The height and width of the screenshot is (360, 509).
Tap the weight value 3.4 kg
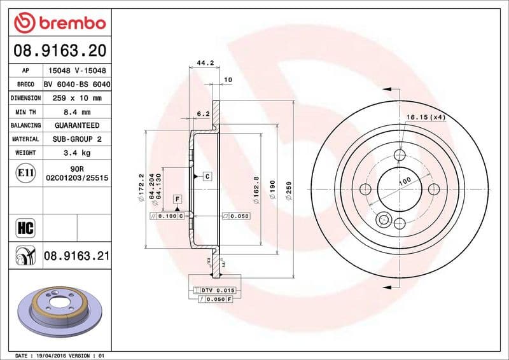(x=76, y=153)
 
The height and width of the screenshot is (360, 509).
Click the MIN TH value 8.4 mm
(x=76, y=112)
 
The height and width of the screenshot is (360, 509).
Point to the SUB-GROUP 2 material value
(x=76, y=139)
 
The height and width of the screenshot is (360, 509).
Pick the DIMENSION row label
(x=25, y=99)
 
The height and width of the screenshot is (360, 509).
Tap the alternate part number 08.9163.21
(x=76, y=256)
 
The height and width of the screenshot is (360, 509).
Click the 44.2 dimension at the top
(x=204, y=63)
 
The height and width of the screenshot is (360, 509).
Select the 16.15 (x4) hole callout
(x=426, y=118)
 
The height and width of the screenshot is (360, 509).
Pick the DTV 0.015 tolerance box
(x=218, y=290)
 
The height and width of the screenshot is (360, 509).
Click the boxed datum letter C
(x=207, y=176)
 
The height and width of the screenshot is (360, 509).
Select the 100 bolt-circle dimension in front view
(x=404, y=182)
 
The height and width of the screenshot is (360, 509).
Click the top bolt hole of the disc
(x=400, y=155)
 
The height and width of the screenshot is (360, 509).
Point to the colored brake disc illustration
(x=61, y=310)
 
